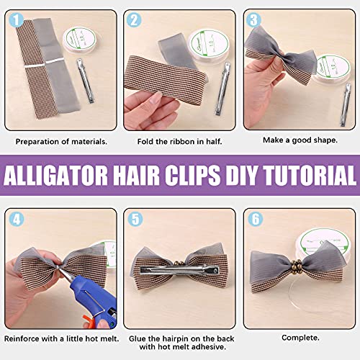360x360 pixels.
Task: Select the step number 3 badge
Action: click(253, 21)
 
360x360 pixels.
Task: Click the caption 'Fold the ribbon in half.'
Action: click(177, 141)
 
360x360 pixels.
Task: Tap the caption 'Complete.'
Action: click(297, 337)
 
